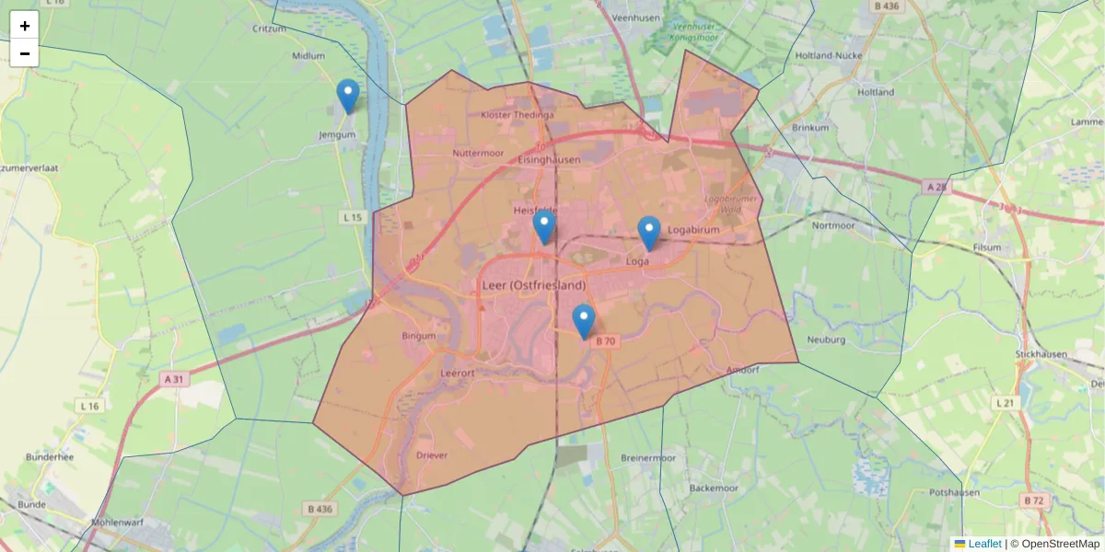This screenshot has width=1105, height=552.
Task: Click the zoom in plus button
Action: click(25, 26)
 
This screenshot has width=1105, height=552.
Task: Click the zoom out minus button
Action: click(25, 53)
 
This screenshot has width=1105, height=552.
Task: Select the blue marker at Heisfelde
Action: click(544, 226)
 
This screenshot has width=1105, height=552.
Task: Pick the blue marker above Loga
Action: click(649, 233)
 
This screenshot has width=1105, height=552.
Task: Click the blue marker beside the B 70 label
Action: click(584, 321)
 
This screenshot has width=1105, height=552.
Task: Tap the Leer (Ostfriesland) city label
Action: click(534, 285)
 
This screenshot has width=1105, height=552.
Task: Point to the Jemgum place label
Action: click(336, 134)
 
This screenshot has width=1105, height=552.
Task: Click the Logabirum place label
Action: click(693, 230)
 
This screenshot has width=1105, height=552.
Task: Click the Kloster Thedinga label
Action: click(518, 115)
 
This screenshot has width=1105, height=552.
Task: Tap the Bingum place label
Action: click(419, 336)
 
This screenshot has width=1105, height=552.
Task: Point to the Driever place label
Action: click(432, 455)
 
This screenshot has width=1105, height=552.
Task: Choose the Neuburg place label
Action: click(826, 339)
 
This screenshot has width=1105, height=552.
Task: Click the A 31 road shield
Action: click(174, 379)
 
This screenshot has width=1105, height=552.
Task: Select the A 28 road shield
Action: click(936, 187)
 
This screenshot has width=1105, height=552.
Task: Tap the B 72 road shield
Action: click(1034, 500)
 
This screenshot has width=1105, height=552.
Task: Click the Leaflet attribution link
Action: click(984, 544)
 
